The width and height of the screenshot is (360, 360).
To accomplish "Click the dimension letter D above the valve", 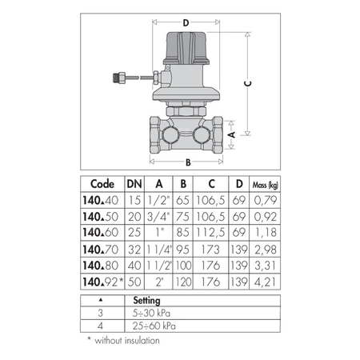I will [186, 23].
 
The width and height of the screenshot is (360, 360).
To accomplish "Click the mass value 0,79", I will [262, 199].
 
